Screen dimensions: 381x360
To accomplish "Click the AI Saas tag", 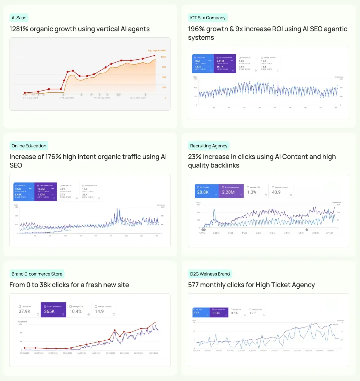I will [19, 18].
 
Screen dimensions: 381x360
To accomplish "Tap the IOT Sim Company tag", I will [208, 18].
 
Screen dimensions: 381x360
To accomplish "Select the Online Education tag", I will [29, 146].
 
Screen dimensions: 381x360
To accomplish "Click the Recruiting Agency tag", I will [208, 146].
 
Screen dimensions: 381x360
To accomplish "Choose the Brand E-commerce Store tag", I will [37, 274].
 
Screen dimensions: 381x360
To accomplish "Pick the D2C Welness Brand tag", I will [210, 274].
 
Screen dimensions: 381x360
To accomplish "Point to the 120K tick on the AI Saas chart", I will [163, 57].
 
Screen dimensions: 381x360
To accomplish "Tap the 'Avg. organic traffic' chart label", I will [157, 50].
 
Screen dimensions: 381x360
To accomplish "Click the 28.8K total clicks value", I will [203, 192].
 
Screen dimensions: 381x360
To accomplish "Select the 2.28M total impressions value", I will [228, 192].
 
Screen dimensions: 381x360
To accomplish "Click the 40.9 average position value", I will [276, 192].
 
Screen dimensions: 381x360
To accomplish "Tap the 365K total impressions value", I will [49, 311].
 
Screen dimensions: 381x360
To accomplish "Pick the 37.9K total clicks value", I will [24, 311].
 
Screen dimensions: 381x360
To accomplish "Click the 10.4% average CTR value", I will [75, 311].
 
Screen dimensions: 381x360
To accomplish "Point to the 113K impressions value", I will [216, 313].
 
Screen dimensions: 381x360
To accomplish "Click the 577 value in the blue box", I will [196, 313].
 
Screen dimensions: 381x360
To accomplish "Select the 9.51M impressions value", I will [220, 61].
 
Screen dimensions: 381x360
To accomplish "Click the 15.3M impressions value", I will [41, 189].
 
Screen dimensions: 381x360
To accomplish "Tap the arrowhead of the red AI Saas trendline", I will [155, 56].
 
